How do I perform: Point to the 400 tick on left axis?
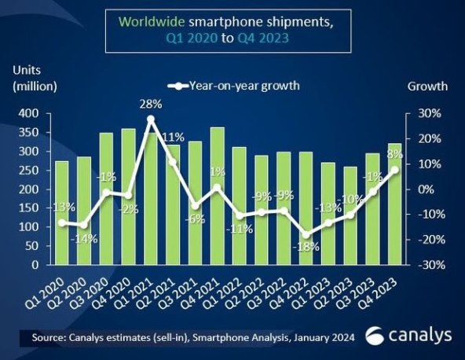(x=27, y=114)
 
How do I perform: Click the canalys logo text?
(x=416, y=335)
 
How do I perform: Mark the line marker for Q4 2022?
(x=306, y=234)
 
